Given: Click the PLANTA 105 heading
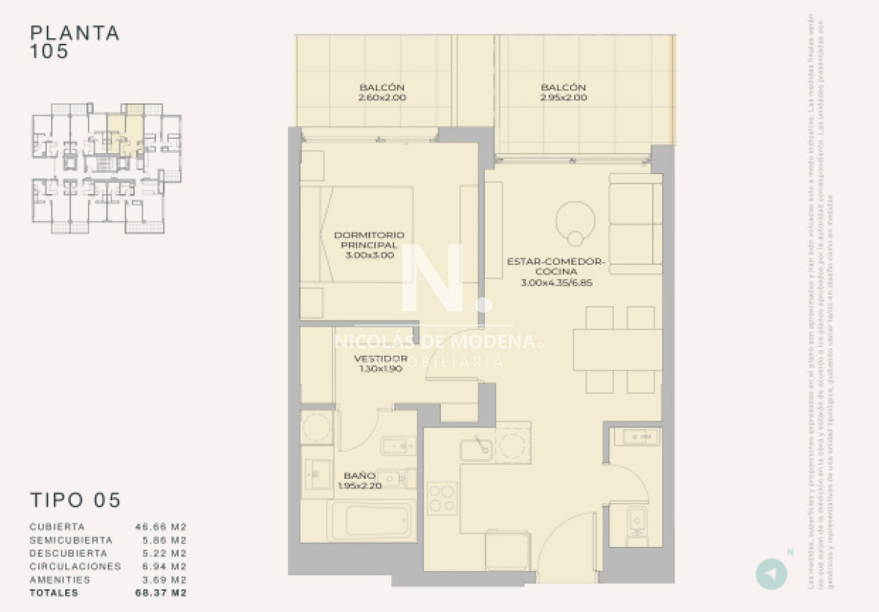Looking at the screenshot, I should point(75,42).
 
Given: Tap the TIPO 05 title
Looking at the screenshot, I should point(75,500).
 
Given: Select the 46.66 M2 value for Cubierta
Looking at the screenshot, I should point(161,526).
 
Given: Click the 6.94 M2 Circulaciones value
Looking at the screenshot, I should point(161,566).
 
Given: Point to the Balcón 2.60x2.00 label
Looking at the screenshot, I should point(382,92).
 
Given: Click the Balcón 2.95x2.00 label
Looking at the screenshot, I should point(563,92).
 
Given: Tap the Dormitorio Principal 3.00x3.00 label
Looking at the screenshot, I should point(369,245).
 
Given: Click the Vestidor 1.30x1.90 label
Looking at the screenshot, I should point(380,364).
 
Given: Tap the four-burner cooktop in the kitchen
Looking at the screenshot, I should point(442,497).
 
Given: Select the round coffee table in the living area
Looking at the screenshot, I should point(576,220).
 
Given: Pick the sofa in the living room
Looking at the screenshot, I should point(635,224).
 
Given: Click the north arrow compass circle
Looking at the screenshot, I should point(771,573).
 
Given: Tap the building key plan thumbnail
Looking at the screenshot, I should point(106,168).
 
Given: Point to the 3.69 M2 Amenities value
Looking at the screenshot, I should point(161,579).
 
